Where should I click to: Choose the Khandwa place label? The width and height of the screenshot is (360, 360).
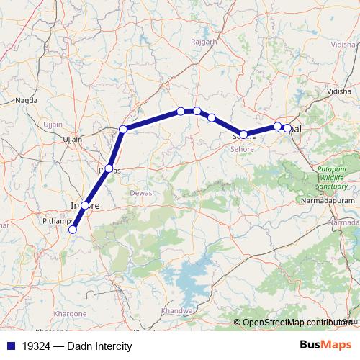coord(177,311)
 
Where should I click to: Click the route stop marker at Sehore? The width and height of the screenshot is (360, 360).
coord(243,135)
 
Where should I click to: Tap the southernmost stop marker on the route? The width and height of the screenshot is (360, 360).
coord(72,230)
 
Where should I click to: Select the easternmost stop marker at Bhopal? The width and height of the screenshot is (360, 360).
coord(287,128)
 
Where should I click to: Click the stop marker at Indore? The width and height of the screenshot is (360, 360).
coord(85,206)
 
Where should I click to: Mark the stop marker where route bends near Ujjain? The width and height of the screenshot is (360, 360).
coord(123,130)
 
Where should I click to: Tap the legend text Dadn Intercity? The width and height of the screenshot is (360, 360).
coord(94,346)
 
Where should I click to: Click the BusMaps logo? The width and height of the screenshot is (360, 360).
coord(325,345)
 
